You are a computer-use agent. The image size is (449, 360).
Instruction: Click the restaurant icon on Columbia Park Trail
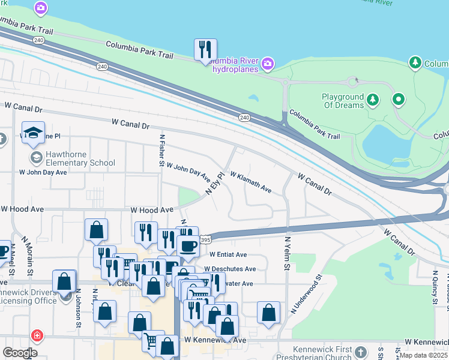[205, 50]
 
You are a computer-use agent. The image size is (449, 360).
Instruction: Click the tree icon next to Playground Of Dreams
[373, 98]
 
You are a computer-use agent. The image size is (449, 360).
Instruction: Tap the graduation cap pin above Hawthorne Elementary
[34, 133]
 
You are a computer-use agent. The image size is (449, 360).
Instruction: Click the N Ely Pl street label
[214, 184]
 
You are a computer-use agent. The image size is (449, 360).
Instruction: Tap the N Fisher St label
[161, 149]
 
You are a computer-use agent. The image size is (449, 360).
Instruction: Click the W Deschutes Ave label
[230, 269]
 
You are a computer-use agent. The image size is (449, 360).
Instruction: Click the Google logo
[20, 353]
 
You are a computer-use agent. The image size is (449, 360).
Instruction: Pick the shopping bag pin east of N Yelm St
[268, 312]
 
